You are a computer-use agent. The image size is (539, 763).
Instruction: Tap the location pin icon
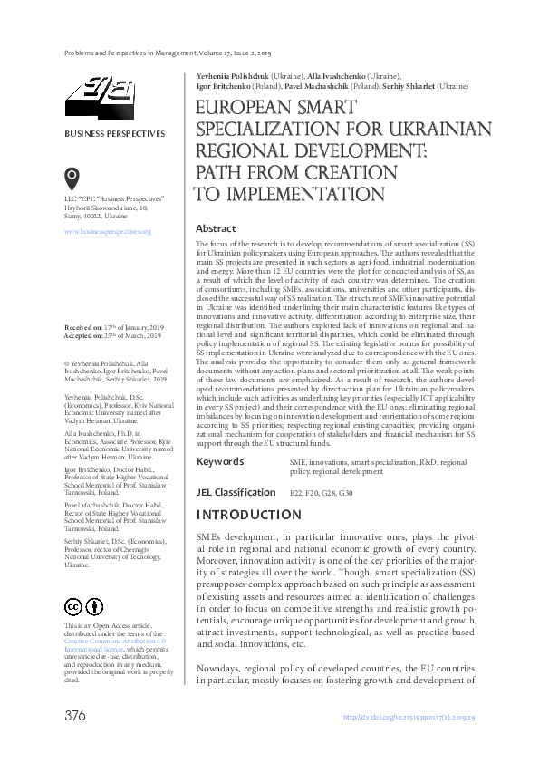click(x=72, y=178)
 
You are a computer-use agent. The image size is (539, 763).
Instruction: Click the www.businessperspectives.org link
click(x=107, y=233)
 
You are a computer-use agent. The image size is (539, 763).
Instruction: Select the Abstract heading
click(x=216, y=229)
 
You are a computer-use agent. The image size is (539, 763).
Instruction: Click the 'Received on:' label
click(x=84, y=325)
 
